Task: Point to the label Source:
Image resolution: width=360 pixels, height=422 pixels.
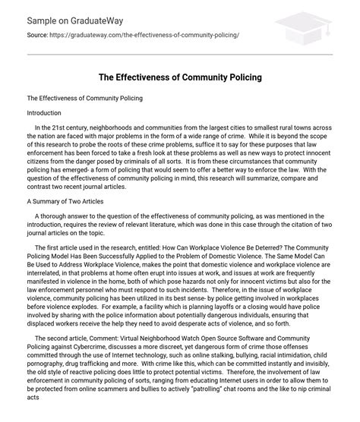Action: [x=39, y=36]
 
